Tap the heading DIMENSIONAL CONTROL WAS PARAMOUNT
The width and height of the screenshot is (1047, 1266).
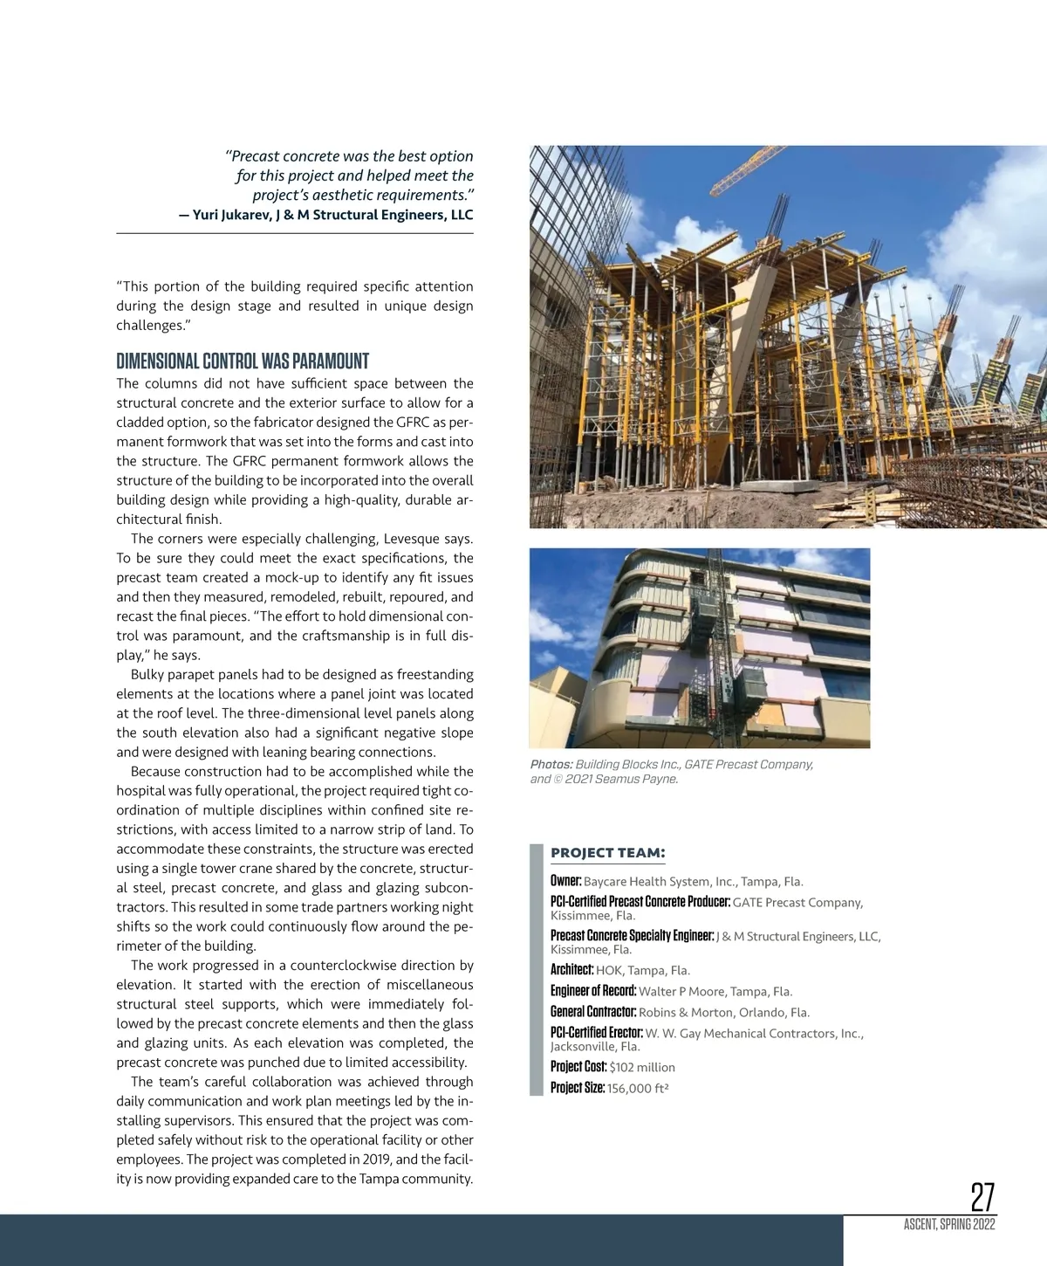pos(243,361)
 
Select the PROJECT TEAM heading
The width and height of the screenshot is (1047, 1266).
pos(607,853)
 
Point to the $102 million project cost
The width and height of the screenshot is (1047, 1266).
pos(642,1067)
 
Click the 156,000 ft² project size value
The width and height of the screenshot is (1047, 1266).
pos(638,1089)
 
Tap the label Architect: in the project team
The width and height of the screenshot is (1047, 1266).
pos(571,970)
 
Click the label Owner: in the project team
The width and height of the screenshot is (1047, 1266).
pos(565,881)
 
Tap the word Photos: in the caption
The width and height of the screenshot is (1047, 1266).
pos(551,765)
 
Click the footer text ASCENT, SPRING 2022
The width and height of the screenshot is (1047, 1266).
pos(949,1224)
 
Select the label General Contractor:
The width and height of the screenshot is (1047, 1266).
pos(593,1012)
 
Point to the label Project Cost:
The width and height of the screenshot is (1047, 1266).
pos(578,1067)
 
